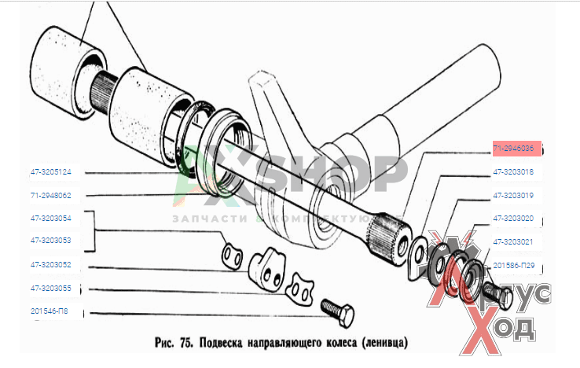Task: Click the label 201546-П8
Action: click(x=49, y=311)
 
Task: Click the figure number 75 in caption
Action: click(x=186, y=344)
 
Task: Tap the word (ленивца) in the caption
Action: click(x=383, y=344)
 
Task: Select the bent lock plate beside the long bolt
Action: click(x=298, y=288)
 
